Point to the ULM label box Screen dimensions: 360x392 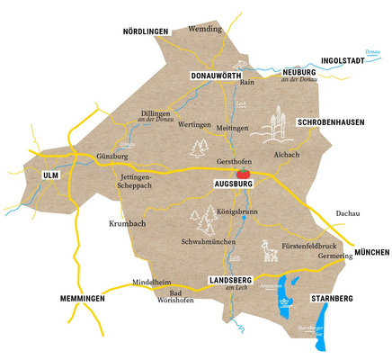(49, 175)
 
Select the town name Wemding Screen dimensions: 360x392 (205, 29)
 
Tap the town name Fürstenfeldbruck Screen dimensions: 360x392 (309, 245)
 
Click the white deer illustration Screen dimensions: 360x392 (268, 250)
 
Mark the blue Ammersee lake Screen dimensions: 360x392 (287, 293)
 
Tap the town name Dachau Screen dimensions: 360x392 (346, 213)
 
